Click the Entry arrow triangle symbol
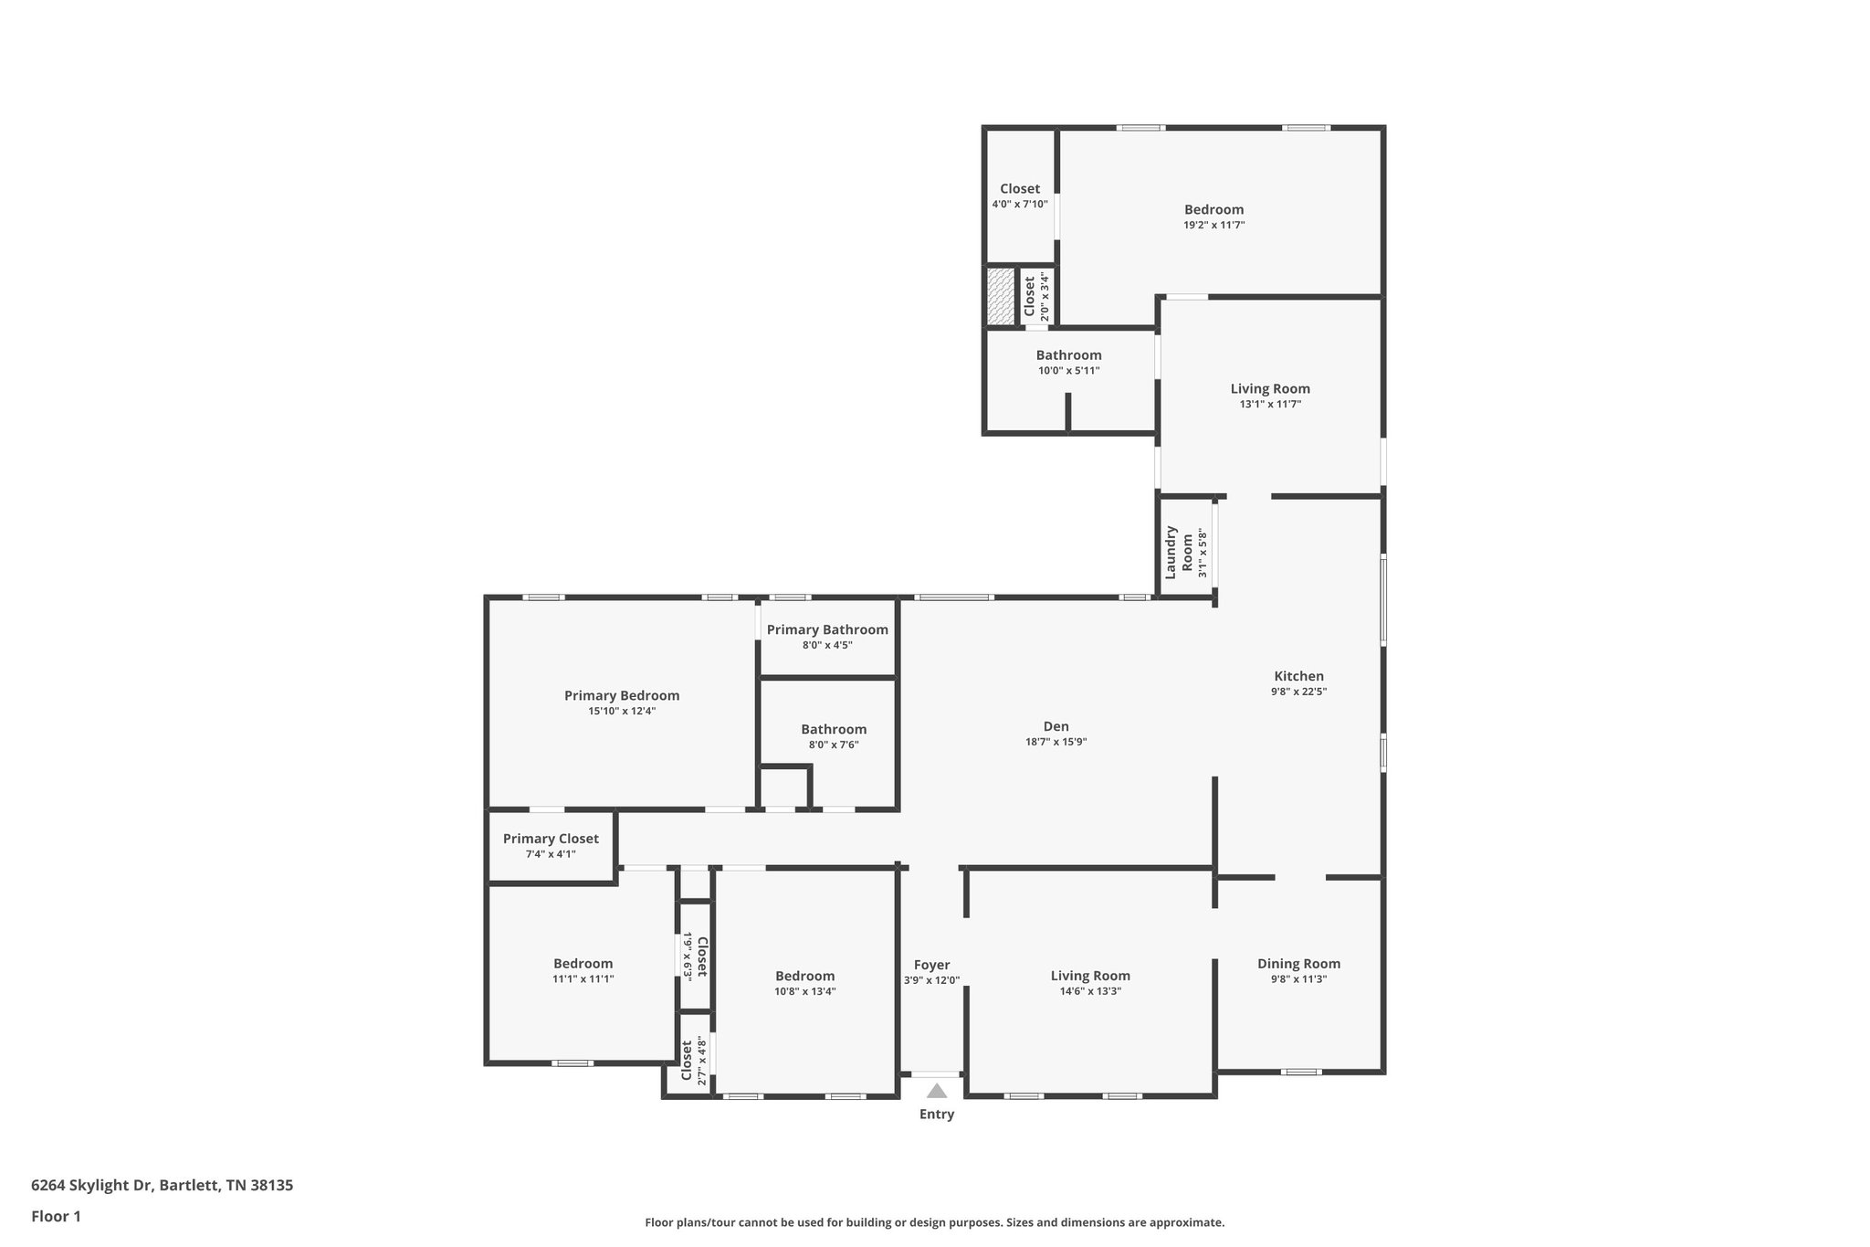[937, 1090]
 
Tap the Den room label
[1056, 727]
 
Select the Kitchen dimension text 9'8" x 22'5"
[1298, 692]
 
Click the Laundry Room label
[1179, 552]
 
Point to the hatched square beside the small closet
[1001, 296]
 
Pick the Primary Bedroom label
[622, 696]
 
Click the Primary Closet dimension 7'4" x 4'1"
[551, 854]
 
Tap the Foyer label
[931, 965]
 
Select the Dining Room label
[1298, 964]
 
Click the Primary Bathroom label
[827, 630]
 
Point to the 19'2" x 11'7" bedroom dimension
[1213, 225]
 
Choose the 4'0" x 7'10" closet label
[1020, 189]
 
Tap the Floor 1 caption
[56, 1216]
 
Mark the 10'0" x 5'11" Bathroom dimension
[1068, 371]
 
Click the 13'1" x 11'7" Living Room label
[1270, 389]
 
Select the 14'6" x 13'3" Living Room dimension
[1090, 991]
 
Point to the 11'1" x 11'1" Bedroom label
[583, 964]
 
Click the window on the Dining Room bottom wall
[1301, 1072]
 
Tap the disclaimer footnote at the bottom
[934, 1222]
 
